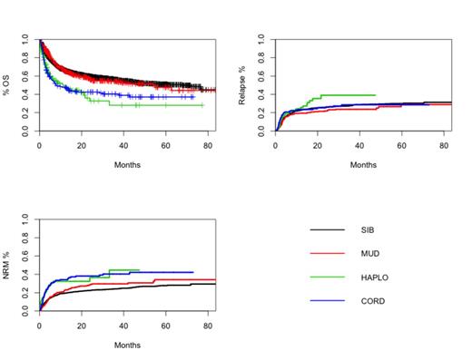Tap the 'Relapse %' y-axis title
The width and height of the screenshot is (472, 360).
click(x=242, y=85)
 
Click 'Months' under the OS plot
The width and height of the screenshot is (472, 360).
click(x=127, y=165)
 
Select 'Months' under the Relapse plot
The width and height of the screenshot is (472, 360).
click(x=363, y=165)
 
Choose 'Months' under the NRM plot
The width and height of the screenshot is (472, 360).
click(x=127, y=345)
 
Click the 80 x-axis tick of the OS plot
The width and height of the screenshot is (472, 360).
click(x=208, y=145)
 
